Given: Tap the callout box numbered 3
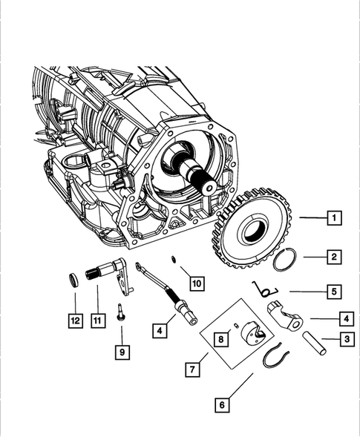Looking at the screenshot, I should pos(345,340).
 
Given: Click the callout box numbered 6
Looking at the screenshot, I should pos(220,405).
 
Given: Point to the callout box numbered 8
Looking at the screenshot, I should pos(220,339).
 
